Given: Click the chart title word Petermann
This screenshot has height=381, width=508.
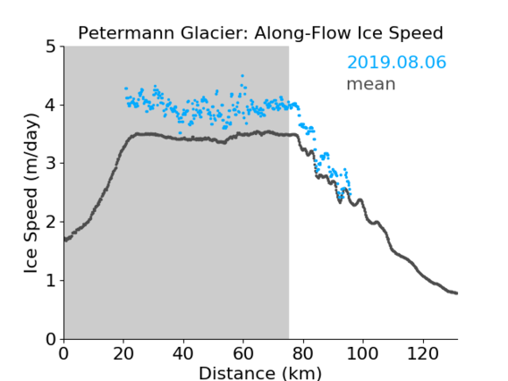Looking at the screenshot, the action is click(127, 33).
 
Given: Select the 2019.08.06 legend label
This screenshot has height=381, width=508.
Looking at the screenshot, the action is click(396, 62).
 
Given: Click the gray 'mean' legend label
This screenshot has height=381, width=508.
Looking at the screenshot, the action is click(371, 84).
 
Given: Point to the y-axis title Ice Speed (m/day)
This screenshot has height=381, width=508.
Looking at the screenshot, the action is click(31, 193).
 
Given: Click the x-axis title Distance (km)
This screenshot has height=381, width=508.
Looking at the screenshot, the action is click(260, 374).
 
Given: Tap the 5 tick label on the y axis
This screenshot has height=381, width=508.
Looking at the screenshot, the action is click(51, 47).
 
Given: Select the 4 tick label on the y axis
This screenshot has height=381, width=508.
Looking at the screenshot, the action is click(51, 106).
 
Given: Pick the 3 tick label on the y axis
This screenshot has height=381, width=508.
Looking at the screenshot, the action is click(51, 164).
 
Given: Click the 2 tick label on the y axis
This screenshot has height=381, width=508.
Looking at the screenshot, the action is click(51, 222).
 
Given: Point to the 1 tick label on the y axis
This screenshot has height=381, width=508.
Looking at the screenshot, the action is click(51, 281).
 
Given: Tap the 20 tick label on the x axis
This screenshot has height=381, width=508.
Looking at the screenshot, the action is click(123, 353).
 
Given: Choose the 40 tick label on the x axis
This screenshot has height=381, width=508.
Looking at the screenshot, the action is click(183, 353).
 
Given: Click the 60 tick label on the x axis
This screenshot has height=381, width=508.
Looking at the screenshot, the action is click(243, 353).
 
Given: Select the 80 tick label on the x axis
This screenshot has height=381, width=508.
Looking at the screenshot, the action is click(303, 353).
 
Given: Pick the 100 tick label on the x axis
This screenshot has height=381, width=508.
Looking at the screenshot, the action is click(362, 353).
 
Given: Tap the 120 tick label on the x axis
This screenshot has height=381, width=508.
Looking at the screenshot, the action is click(422, 353).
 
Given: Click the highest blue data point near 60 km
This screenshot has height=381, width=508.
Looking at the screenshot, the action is click(242, 76).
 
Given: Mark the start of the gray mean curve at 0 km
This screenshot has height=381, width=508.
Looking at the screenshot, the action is click(65, 240).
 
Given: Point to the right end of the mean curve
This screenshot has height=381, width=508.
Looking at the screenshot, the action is click(456, 293).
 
